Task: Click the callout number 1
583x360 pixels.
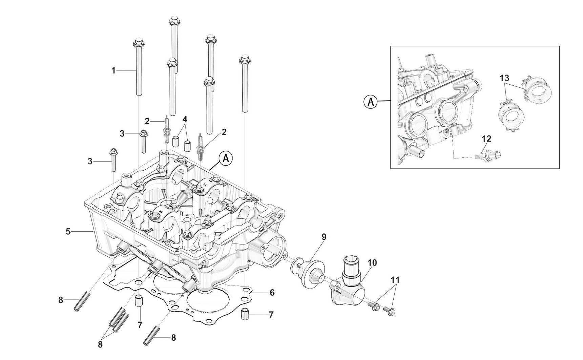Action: click(x=113, y=70)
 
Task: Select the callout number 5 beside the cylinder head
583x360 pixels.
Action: click(x=68, y=232)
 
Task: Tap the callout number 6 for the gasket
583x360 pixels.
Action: click(x=272, y=292)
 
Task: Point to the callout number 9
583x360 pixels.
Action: click(x=324, y=237)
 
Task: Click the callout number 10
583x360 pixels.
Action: click(x=372, y=262)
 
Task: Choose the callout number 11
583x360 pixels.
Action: click(x=395, y=280)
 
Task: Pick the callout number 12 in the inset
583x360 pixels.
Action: click(x=486, y=139)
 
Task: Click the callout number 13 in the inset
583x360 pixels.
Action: click(x=504, y=78)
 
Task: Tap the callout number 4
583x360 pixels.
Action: click(x=185, y=119)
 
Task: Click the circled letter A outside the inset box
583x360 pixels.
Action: click(x=371, y=102)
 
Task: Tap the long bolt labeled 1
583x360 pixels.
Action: click(x=139, y=68)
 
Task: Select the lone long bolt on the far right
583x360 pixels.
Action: click(x=244, y=85)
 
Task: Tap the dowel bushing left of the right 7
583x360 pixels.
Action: click(x=245, y=315)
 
